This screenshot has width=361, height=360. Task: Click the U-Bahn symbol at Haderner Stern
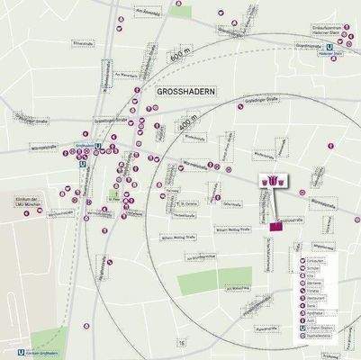tap(337, 52)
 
